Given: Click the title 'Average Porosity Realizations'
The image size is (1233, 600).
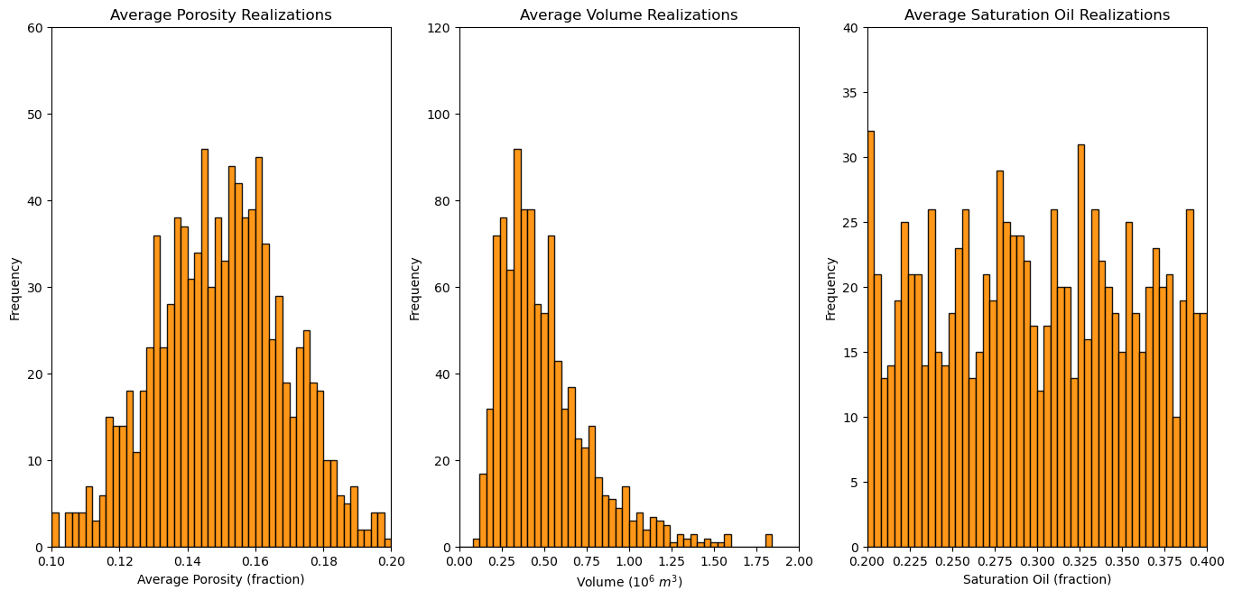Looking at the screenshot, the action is [x=221, y=14].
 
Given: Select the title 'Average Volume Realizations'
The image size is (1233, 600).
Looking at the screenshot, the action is [x=628, y=14].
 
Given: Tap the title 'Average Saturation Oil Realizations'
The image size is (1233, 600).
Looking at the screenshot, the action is [x=1037, y=14].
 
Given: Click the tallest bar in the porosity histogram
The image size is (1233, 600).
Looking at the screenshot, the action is [x=205, y=348].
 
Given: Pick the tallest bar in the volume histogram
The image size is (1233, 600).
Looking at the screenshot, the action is [x=517, y=348].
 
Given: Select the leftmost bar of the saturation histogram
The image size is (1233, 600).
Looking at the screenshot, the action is [x=871, y=339].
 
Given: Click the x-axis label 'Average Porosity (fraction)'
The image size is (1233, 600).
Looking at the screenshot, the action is [x=221, y=579].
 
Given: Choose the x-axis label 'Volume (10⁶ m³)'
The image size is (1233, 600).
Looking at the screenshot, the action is [x=629, y=582].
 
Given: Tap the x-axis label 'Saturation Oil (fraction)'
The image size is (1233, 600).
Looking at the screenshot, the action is [x=1037, y=579].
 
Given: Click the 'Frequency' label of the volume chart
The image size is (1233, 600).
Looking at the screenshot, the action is [x=415, y=289].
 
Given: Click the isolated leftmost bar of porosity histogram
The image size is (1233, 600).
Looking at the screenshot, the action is [x=55, y=531].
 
